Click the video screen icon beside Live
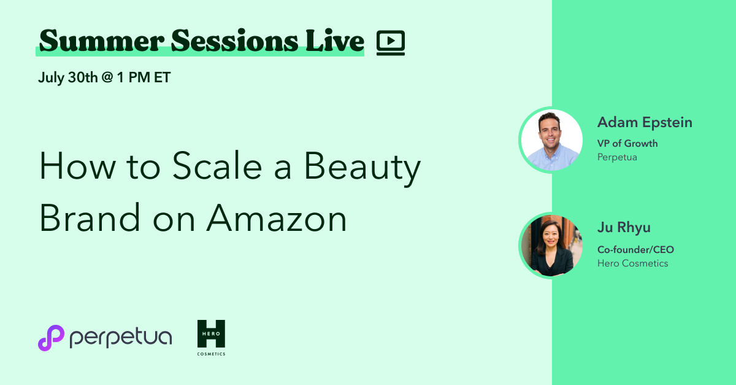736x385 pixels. (x=390, y=42)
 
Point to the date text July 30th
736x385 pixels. (x=67, y=78)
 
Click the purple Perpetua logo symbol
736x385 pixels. (x=51, y=338)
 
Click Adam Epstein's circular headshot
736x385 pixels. (x=551, y=140)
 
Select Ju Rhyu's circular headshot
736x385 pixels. (x=551, y=245)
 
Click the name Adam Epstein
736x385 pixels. (x=645, y=122)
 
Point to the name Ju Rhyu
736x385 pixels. (x=624, y=227)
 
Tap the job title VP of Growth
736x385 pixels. (x=627, y=143)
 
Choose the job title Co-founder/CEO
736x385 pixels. (x=635, y=249)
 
